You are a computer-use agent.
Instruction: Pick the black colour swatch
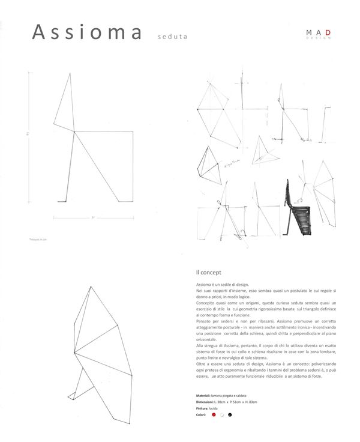click(x=229, y=414)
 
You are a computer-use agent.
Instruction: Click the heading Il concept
click(x=209, y=272)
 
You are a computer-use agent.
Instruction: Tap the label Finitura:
click(x=202, y=408)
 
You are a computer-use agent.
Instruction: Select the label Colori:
click(x=200, y=414)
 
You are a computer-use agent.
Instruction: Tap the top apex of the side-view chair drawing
click(x=70, y=74)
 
